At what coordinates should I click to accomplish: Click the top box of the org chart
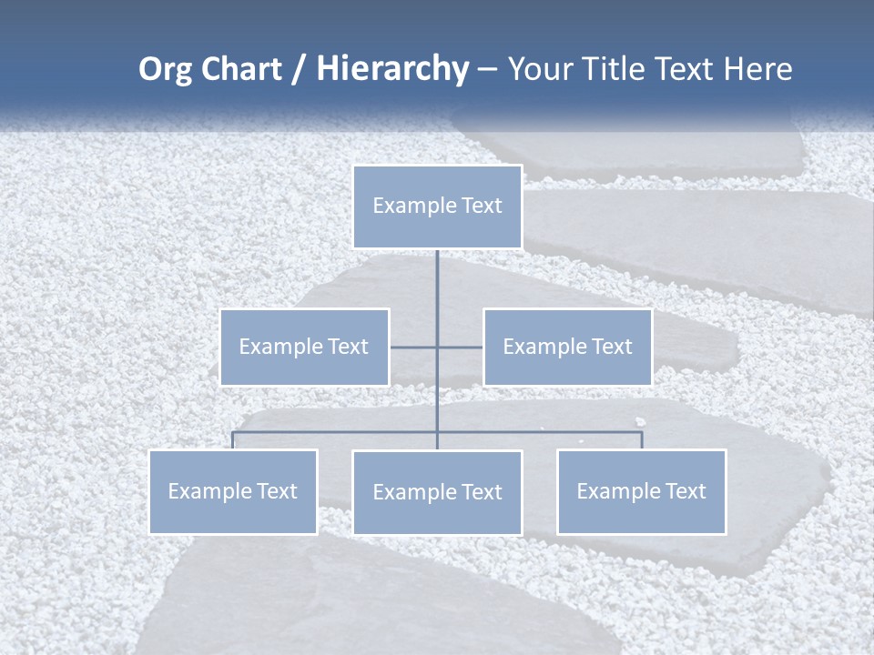pos(437,207)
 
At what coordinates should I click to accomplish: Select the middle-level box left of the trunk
pos(304,347)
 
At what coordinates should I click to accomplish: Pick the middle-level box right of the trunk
pos(567,347)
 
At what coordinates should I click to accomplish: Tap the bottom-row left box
pos(233,491)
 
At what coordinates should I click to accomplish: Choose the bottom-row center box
pos(437,492)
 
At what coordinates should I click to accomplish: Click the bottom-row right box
pos(641,491)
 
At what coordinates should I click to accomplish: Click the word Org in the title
pos(165,69)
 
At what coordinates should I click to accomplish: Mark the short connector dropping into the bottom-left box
pos(233,439)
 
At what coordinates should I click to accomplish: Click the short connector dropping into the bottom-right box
pos(642,439)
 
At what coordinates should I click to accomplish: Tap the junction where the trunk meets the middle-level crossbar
pos(437,347)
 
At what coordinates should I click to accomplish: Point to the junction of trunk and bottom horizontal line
pos(437,431)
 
